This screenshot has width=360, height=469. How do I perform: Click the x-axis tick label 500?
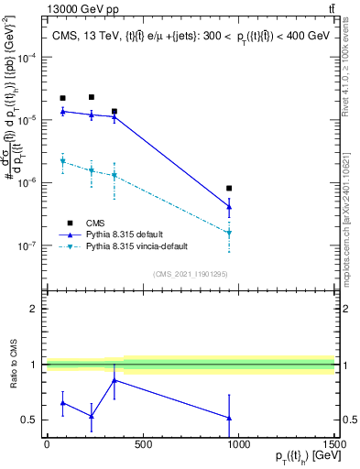tap(142, 444)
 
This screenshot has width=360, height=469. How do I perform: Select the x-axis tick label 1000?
tap(238, 444)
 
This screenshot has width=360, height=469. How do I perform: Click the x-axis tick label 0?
tap(47, 444)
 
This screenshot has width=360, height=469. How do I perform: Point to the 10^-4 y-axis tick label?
tap(27, 57)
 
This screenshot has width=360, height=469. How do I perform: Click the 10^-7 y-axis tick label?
tap(27, 245)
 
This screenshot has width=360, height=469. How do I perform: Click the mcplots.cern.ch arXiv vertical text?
tap(352, 211)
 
